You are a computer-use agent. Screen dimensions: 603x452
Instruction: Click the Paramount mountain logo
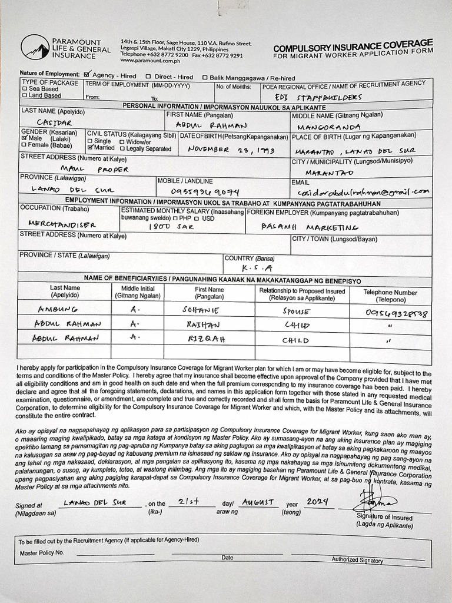(x=35, y=47)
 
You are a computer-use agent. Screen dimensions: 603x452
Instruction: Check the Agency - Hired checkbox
(x=87, y=75)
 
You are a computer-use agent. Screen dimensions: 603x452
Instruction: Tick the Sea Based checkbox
(x=25, y=89)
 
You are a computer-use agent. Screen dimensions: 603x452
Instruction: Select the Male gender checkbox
(x=25, y=138)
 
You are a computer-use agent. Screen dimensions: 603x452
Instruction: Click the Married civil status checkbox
(x=90, y=147)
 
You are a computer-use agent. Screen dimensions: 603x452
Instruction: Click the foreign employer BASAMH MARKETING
(x=310, y=226)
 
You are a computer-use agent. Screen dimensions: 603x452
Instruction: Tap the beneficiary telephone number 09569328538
(x=397, y=313)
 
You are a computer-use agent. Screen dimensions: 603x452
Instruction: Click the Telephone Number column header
(x=390, y=295)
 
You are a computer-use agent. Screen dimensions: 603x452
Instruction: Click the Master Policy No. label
(x=41, y=553)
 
